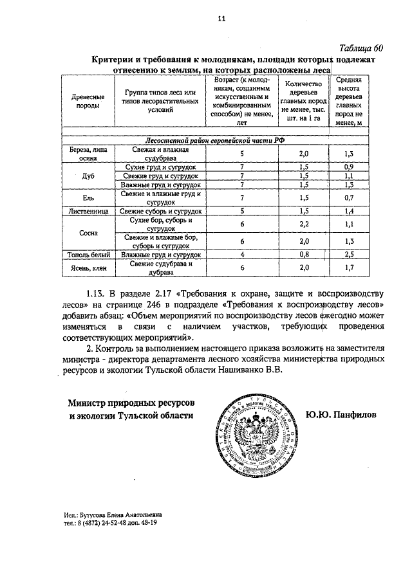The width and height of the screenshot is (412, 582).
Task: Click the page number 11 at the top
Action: click(221, 19)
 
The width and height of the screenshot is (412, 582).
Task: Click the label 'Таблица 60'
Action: click(360, 48)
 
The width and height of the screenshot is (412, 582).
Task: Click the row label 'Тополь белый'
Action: click(87, 255)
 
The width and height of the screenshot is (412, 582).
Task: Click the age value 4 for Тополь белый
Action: click(241, 255)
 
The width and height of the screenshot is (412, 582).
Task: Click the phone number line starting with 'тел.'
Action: click(110, 523)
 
